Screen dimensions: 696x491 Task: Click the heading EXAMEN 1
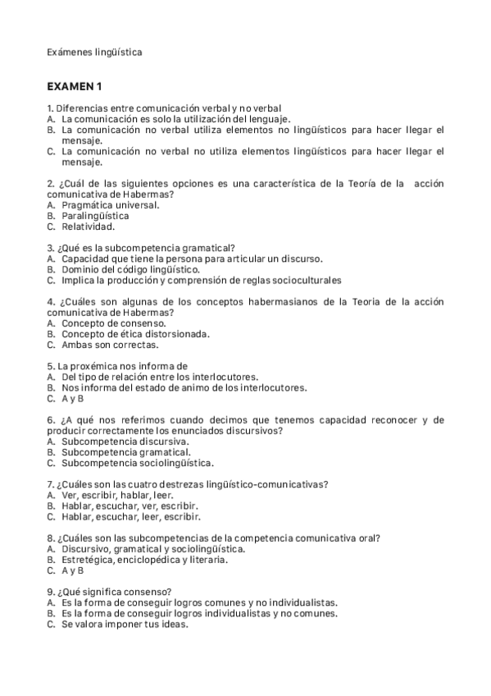click(75, 86)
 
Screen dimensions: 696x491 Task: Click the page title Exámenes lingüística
click(94, 52)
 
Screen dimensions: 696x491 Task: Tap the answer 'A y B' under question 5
click(72, 399)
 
